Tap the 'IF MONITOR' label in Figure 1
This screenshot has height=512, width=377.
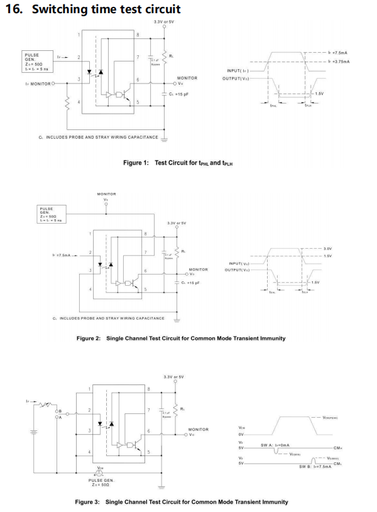click(37, 82)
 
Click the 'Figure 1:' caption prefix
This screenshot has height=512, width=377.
click(136, 163)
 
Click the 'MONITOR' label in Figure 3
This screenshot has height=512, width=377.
click(198, 429)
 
